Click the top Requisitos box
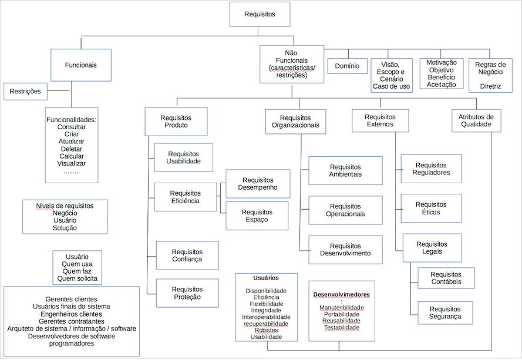coord(259,15)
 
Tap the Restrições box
coord(25,91)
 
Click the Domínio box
coord(347,66)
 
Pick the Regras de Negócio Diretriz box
coord(490,75)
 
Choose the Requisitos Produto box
coord(176,122)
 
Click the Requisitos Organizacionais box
coord(295,122)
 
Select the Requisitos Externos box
coord(380,120)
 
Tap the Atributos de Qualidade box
coord(476,120)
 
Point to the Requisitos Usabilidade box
coord(184,157)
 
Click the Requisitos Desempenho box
coord(258,184)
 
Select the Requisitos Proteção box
coord(187,293)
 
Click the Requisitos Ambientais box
coord(345,171)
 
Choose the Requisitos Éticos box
coord(430,208)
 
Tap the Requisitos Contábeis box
coord(445,278)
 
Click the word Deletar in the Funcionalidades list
coord(72,149)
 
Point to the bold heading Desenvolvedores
coord(342,294)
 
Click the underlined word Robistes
coord(266,331)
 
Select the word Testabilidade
coord(342,328)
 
